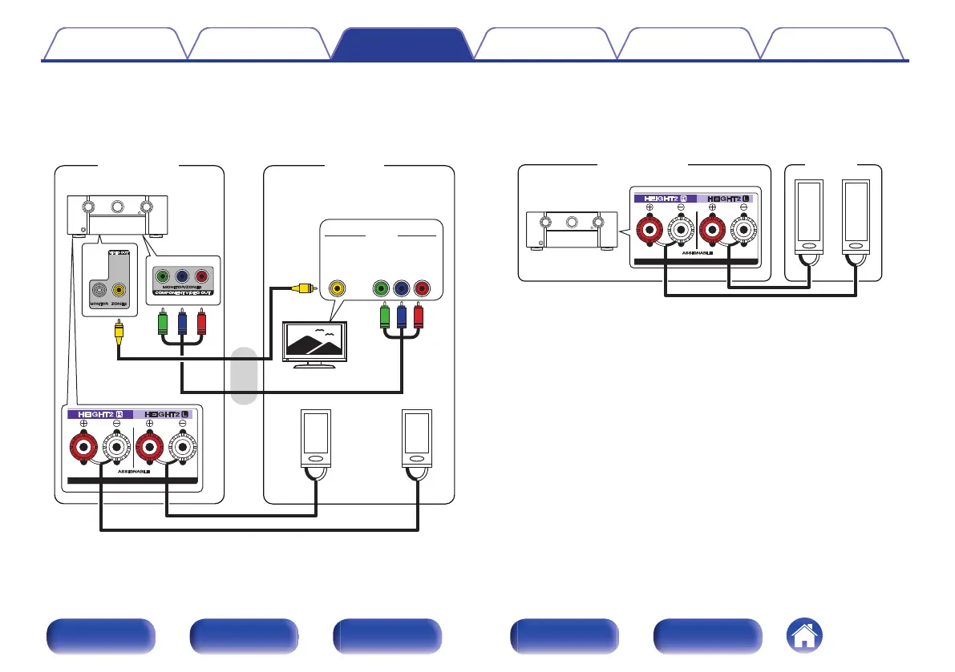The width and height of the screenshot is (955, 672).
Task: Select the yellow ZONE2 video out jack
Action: click(118, 291)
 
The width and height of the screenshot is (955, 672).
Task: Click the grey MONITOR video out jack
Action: click(98, 291)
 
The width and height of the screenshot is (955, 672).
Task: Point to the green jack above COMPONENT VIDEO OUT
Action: click(163, 276)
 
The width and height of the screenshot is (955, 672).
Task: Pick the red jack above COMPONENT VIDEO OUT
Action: click(201, 276)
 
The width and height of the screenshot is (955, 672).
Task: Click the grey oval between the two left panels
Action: click(244, 376)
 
